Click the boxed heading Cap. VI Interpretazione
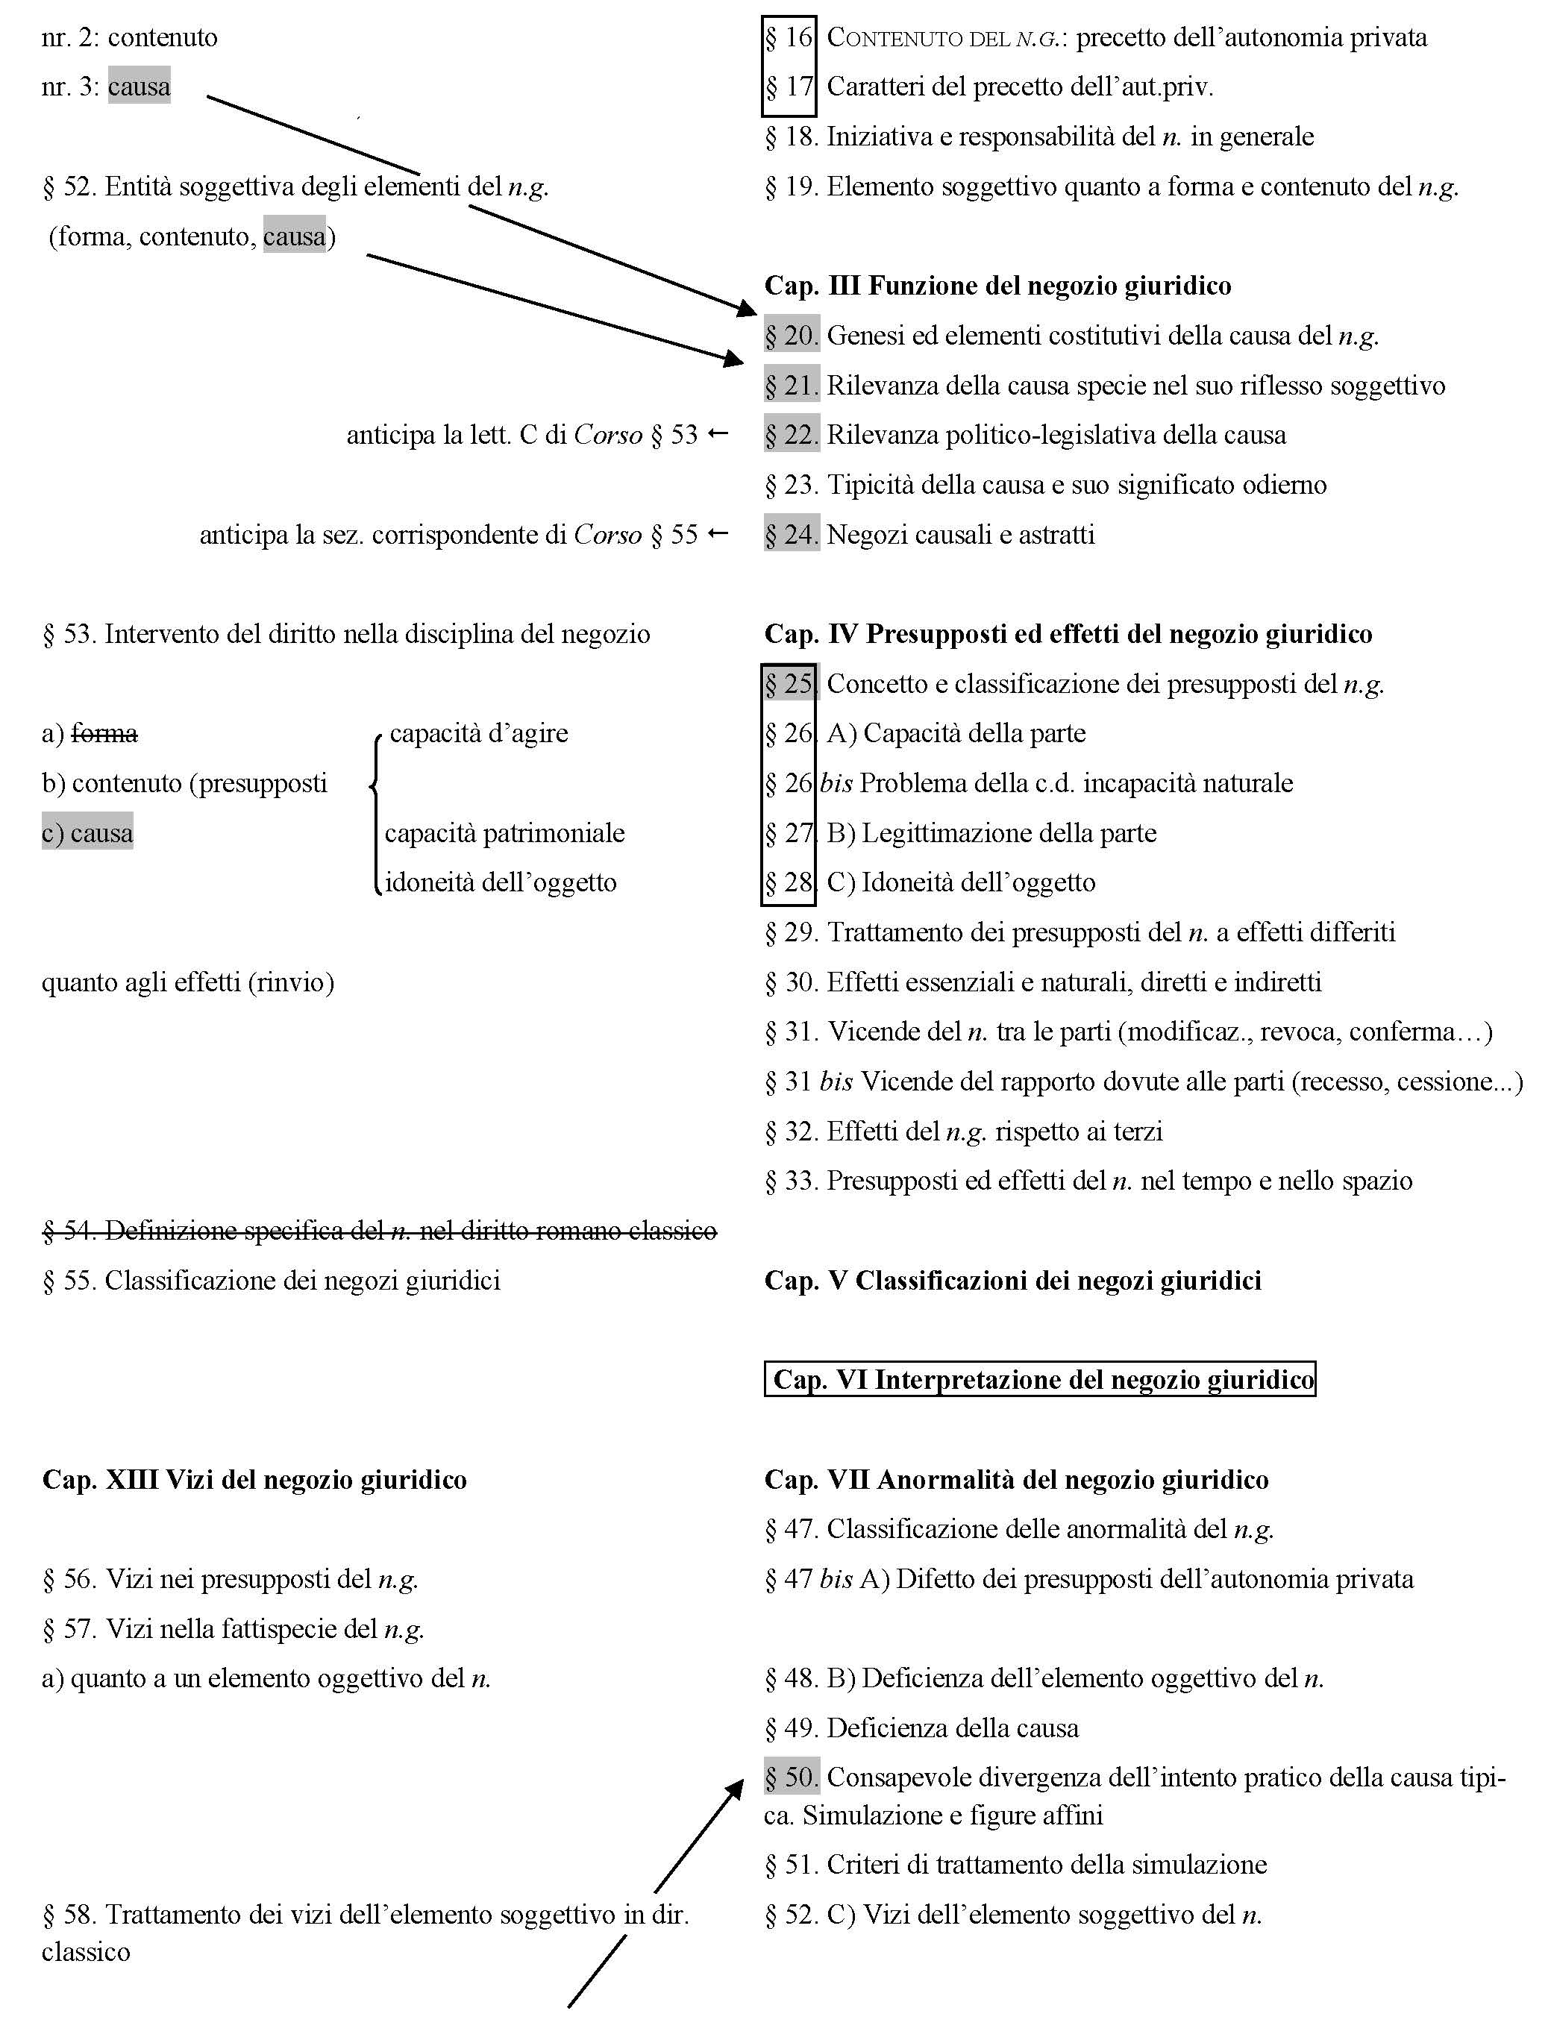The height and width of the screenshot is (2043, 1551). click(x=1039, y=1379)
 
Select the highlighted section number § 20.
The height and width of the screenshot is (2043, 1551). click(x=791, y=335)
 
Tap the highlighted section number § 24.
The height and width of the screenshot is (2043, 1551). click(x=791, y=535)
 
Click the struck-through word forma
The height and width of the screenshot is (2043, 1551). click(x=104, y=733)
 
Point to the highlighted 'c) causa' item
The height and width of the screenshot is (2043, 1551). click(x=88, y=833)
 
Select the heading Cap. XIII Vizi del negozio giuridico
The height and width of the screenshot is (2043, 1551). click(x=254, y=1480)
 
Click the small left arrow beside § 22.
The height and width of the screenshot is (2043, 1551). click(x=718, y=434)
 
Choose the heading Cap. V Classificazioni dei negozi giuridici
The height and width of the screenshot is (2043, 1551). click(x=1012, y=1280)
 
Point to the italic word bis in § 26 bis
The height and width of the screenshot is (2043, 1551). click(x=836, y=783)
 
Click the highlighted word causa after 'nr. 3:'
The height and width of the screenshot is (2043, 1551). click(x=139, y=87)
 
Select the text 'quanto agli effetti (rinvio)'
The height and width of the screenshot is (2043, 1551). click(x=187, y=982)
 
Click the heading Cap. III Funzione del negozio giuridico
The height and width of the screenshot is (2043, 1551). click(x=997, y=286)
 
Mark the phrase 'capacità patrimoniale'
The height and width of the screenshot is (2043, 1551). click(x=504, y=833)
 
